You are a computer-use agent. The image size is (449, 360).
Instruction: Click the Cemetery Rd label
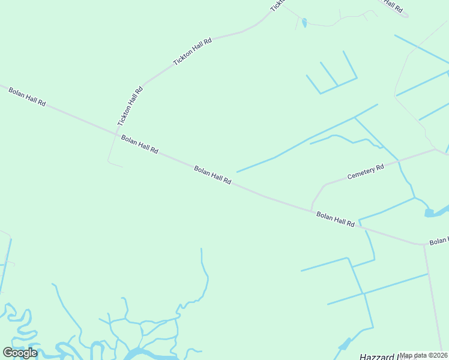366,172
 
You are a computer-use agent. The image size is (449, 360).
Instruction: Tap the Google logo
20,353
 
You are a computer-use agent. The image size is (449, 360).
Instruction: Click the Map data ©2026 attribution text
424,355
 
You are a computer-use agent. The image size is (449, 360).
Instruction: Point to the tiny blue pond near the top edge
304,23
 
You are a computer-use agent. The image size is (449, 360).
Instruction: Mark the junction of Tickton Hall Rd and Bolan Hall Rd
116,133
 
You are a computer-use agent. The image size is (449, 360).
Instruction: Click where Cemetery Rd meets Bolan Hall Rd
311,210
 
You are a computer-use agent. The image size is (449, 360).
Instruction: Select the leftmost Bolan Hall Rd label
27,96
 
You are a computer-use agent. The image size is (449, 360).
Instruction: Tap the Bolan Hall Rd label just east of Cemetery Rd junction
336,219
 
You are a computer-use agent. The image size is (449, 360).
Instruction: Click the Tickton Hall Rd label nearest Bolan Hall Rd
130,106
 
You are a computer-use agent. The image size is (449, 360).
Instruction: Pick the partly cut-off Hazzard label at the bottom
380,356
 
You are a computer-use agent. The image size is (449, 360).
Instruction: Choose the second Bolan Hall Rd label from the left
139,145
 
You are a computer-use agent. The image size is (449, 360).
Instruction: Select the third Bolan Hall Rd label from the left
212,175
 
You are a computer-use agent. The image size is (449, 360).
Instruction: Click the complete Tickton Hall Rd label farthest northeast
193,52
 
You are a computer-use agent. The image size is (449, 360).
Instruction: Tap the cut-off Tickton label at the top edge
276,5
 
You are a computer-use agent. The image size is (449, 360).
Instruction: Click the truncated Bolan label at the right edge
438,241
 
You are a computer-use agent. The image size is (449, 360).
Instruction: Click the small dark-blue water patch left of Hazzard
345,344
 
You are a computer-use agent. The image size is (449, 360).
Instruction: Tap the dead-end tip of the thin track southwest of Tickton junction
123,166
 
